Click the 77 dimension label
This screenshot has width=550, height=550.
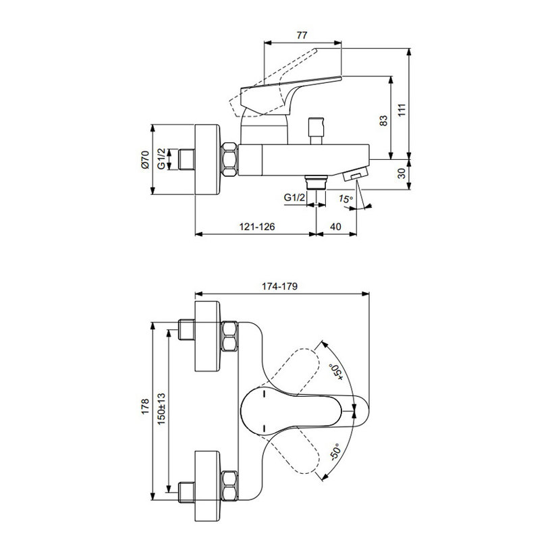(x=302, y=35)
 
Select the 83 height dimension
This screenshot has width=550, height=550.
(x=384, y=120)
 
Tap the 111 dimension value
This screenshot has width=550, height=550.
(x=402, y=110)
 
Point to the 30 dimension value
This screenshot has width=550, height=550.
(x=402, y=173)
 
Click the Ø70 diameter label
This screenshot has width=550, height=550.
(x=145, y=159)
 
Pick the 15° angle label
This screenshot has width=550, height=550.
(x=346, y=199)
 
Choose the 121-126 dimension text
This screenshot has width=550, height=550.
(x=257, y=227)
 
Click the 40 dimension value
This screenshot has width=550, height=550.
(x=335, y=227)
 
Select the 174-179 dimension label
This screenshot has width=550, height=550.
(x=279, y=287)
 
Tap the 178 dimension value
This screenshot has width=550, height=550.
(x=145, y=406)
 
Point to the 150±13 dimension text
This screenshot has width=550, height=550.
(x=161, y=409)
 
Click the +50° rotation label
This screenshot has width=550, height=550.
(x=335, y=372)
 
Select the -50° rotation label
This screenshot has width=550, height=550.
(x=335, y=451)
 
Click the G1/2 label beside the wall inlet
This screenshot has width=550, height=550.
(x=161, y=159)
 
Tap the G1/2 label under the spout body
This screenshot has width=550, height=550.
(x=294, y=198)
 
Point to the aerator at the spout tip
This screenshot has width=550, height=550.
(x=356, y=173)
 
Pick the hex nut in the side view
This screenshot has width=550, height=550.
(x=229, y=159)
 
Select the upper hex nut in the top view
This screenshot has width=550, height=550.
(x=229, y=336)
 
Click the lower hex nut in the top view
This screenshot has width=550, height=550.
(x=229, y=486)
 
